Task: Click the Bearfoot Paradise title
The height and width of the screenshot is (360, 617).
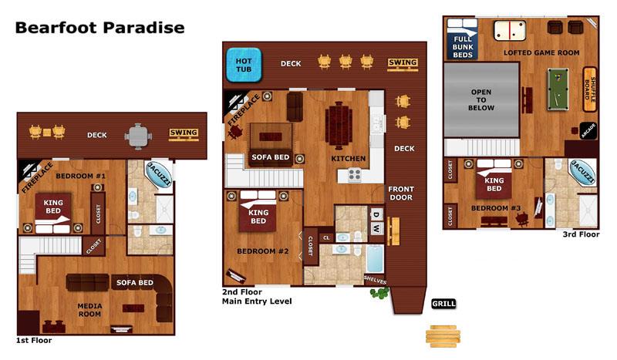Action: tap(99, 28)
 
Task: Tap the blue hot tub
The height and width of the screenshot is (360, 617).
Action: tap(244, 65)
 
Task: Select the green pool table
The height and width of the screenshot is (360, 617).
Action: tap(558, 89)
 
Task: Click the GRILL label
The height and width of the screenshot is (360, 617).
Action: tap(443, 304)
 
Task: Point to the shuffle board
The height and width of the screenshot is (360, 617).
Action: tap(589, 89)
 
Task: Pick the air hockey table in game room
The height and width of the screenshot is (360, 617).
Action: tap(510, 30)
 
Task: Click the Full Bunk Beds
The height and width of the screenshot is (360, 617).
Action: tap(462, 39)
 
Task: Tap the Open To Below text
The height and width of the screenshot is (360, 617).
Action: tap(480, 100)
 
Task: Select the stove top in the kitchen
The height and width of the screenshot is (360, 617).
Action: tap(354, 175)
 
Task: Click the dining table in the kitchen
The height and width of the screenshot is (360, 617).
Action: tap(339, 126)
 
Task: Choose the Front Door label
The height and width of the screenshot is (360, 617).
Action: tap(400, 193)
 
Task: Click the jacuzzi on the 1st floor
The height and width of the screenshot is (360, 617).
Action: tap(159, 174)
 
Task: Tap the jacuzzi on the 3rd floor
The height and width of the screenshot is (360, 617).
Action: tap(582, 172)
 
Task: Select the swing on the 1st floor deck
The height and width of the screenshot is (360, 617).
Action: tap(184, 134)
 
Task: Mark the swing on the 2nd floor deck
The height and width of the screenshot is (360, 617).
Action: tap(402, 64)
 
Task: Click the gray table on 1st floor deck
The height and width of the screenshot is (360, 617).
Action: tap(138, 136)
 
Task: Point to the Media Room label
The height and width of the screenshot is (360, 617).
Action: tap(89, 310)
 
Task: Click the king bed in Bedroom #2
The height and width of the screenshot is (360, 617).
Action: tap(258, 211)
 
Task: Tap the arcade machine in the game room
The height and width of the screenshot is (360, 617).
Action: tap(588, 130)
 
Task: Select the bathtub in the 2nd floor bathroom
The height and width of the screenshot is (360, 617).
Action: tap(374, 258)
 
